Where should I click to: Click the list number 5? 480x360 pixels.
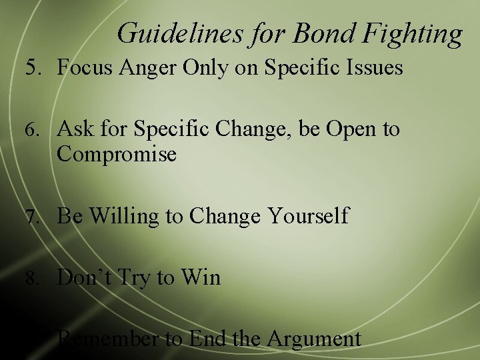(33, 67)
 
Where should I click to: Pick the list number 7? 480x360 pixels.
(33, 217)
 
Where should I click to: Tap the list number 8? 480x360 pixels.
(33, 277)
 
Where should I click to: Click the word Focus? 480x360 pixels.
(83, 67)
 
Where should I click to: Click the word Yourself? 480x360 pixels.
(308, 216)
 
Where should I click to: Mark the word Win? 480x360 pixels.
(200, 277)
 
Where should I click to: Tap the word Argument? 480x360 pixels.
(313, 339)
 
